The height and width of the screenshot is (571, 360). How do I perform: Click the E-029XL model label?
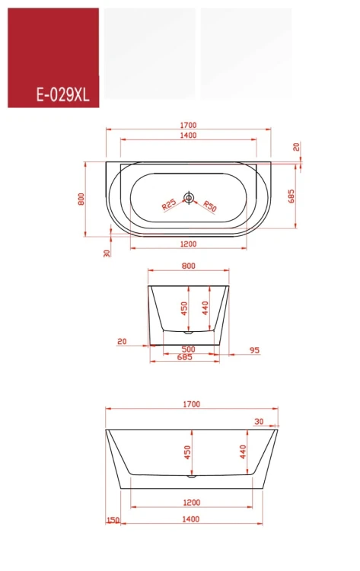(62, 95)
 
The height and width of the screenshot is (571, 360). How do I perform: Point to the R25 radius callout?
(169, 204)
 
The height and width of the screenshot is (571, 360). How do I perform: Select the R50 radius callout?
(209, 206)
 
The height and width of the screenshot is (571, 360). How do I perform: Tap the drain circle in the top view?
(189, 197)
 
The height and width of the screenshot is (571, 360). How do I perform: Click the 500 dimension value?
(188, 349)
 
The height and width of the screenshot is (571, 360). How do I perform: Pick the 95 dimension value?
(254, 350)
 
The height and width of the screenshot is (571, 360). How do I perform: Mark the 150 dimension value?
(113, 520)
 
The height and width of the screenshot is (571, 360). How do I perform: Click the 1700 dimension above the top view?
(188, 126)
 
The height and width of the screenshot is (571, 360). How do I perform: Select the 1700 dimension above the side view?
(192, 404)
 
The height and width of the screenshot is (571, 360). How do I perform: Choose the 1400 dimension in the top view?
(188, 136)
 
